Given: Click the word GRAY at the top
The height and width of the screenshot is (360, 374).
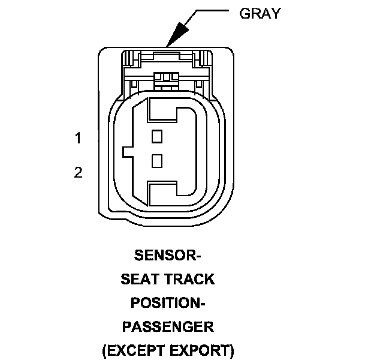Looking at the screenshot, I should (260, 14).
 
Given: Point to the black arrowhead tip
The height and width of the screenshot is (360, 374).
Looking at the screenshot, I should (169, 45).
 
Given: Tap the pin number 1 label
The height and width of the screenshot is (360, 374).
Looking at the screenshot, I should (78, 139).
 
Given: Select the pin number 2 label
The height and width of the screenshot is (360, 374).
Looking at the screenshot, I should (78, 173).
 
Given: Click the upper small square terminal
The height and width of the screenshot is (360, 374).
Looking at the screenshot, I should (157, 136).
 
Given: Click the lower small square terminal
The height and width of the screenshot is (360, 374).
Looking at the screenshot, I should (157, 160).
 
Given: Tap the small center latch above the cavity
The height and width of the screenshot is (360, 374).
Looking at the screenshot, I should (167, 78).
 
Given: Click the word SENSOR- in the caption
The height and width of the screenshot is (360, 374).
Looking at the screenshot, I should (167, 256).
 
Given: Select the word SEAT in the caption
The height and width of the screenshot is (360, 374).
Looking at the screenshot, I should (141, 279).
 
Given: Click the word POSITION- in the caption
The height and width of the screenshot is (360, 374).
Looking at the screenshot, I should (167, 303).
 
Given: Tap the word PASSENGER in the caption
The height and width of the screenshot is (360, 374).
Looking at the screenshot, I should (167, 326).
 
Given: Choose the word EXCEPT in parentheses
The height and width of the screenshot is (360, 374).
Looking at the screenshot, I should (135, 350).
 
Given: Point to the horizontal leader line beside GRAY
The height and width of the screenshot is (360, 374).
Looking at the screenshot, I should (210, 11).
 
